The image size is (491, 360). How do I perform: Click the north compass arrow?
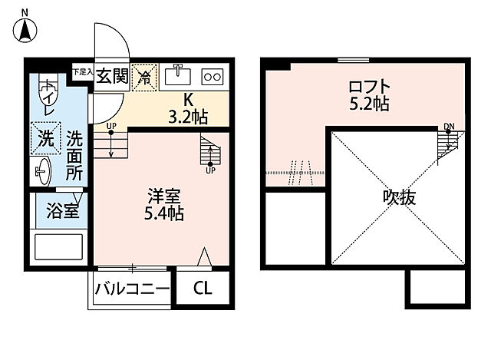pyautogui.click(x=25, y=29)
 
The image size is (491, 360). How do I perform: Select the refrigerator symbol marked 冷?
pyautogui.click(x=143, y=76)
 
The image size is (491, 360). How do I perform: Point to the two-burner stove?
pyautogui.click(x=211, y=77)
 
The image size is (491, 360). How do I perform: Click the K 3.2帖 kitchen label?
pyautogui.click(x=188, y=109)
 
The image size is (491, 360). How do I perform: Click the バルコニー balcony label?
pyautogui.click(x=132, y=289)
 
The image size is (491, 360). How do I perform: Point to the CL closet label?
pyautogui.click(x=202, y=289)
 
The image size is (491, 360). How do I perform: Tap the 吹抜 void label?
pyautogui.click(x=399, y=197)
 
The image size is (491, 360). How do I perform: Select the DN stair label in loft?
pyautogui.click(x=448, y=125)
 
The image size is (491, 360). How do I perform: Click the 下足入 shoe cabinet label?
pyautogui.click(x=82, y=71)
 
